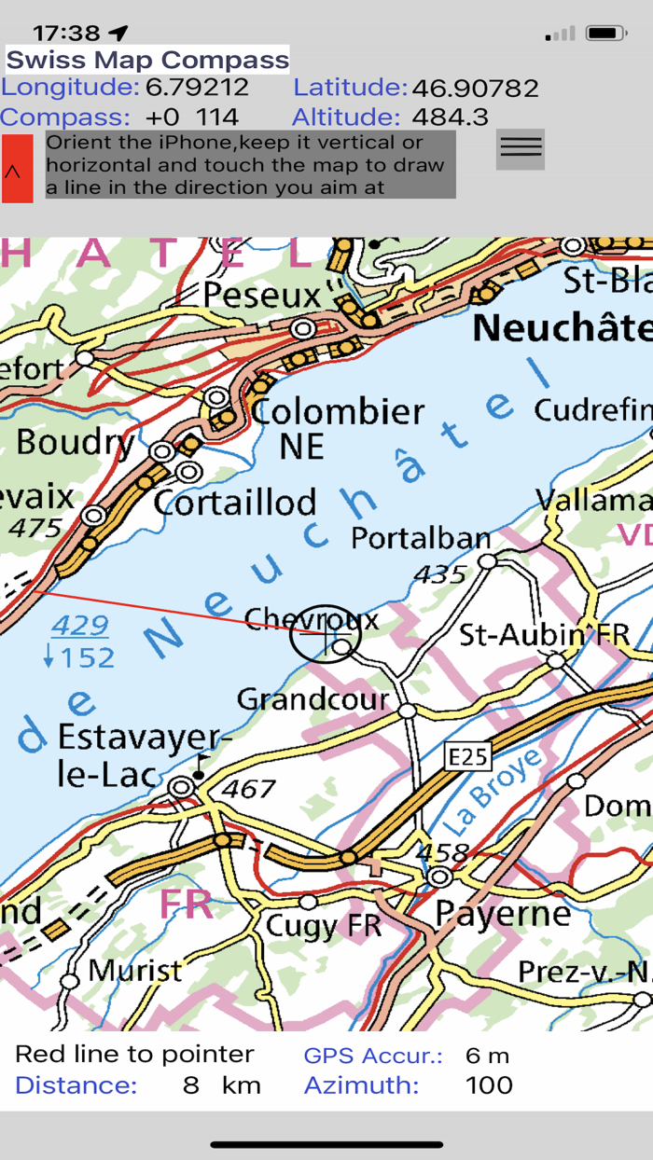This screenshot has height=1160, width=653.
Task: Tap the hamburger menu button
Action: click(x=520, y=148)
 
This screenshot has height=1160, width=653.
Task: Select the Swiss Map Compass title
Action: click(x=147, y=61)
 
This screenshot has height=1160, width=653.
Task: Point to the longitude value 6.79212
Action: click(x=196, y=89)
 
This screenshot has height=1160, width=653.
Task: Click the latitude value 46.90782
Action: click(x=475, y=89)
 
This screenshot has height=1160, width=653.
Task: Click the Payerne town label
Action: click(x=503, y=913)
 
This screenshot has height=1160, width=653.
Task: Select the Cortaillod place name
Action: click(x=235, y=503)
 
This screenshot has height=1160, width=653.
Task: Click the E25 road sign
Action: click(x=467, y=756)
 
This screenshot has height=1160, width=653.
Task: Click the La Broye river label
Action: click(x=491, y=792)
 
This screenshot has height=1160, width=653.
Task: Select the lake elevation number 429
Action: click(x=80, y=625)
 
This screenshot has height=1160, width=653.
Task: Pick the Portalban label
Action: click(x=421, y=538)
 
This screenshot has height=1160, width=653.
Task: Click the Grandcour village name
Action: click(x=313, y=698)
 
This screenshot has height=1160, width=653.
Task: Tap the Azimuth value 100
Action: click(x=489, y=1085)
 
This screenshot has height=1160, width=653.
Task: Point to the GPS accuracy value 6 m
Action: click(x=487, y=1056)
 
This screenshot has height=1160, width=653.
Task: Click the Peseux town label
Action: click(x=261, y=296)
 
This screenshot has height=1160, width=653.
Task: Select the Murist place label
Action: click(x=135, y=971)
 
